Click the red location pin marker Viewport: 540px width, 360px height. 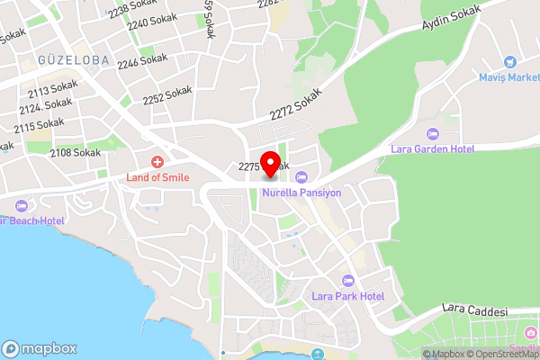pyautogui.click(x=269, y=165)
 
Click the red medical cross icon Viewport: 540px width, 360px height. pyautogui.click(x=157, y=162)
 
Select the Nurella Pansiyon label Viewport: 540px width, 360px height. pyautogui.click(x=301, y=192)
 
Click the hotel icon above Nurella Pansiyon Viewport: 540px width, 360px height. pyautogui.click(x=301, y=176)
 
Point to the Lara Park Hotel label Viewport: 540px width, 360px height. pyautogui.click(x=347, y=296)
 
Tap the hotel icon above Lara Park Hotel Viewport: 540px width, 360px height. pyautogui.click(x=347, y=280)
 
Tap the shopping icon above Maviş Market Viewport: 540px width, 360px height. pyautogui.click(x=509, y=62)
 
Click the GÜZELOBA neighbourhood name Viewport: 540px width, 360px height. pyautogui.click(x=74, y=60)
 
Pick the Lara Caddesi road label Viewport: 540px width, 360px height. pyautogui.click(x=476, y=310)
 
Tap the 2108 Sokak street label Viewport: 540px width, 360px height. pyautogui.click(x=76, y=153)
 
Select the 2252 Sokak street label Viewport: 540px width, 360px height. pyautogui.click(x=167, y=94)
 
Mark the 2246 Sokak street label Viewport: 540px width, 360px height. pyautogui.click(x=142, y=61)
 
